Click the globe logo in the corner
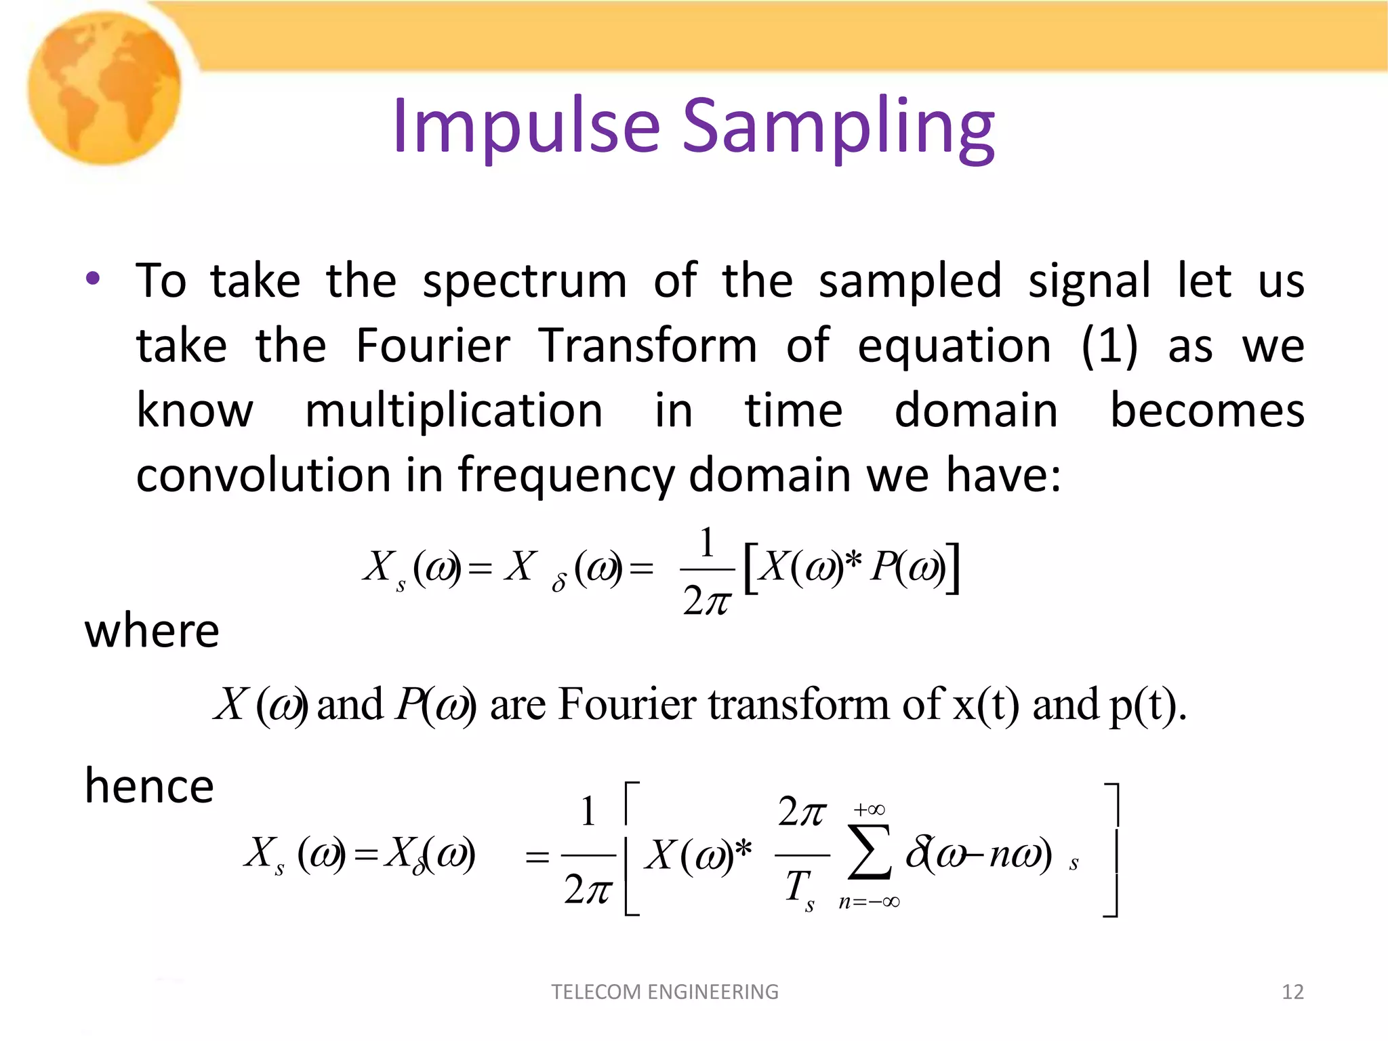click(x=105, y=88)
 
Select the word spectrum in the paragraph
click(x=525, y=281)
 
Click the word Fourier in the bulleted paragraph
click(x=432, y=346)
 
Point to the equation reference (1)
click(x=1109, y=346)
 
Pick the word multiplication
click(x=453, y=410)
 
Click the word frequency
click(x=566, y=476)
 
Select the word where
click(x=152, y=631)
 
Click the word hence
click(x=149, y=786)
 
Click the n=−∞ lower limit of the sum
click(x=869, y=902)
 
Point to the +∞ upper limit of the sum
click(x=869, y=809)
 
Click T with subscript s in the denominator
click(x=800, y=889)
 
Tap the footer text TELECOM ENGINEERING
click(x=665, y=992)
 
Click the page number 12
click(x=1292, y=992)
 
